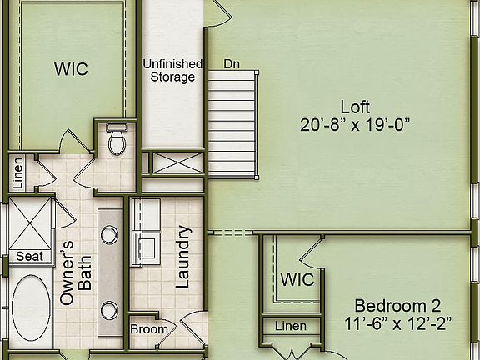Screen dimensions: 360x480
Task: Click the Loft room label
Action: pos(355,107)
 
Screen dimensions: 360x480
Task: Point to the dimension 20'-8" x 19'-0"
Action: pos(355,125)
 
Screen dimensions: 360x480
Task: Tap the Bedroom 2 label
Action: pos(397,305)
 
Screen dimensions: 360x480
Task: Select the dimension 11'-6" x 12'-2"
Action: pos(397,322)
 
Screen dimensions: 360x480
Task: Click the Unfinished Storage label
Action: pos(172,71)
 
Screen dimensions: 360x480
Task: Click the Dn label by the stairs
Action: pos(232,63)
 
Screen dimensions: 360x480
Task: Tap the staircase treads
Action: pos(233,125)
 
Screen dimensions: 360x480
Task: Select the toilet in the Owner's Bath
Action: pos(116,141)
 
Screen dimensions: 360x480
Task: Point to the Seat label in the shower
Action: pos(30,257)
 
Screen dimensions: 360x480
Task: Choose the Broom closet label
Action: pos(150,329)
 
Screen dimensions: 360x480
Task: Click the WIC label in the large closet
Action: pos(71,69)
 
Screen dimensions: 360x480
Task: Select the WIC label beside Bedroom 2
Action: pos(297,279)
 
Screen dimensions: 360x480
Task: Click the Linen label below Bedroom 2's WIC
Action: pos(290,326)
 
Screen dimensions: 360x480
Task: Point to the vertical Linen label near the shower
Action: pos(18,172)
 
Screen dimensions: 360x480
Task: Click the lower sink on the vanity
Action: pos(110,309)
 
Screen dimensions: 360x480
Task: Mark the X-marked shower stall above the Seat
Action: pos(30,220)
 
